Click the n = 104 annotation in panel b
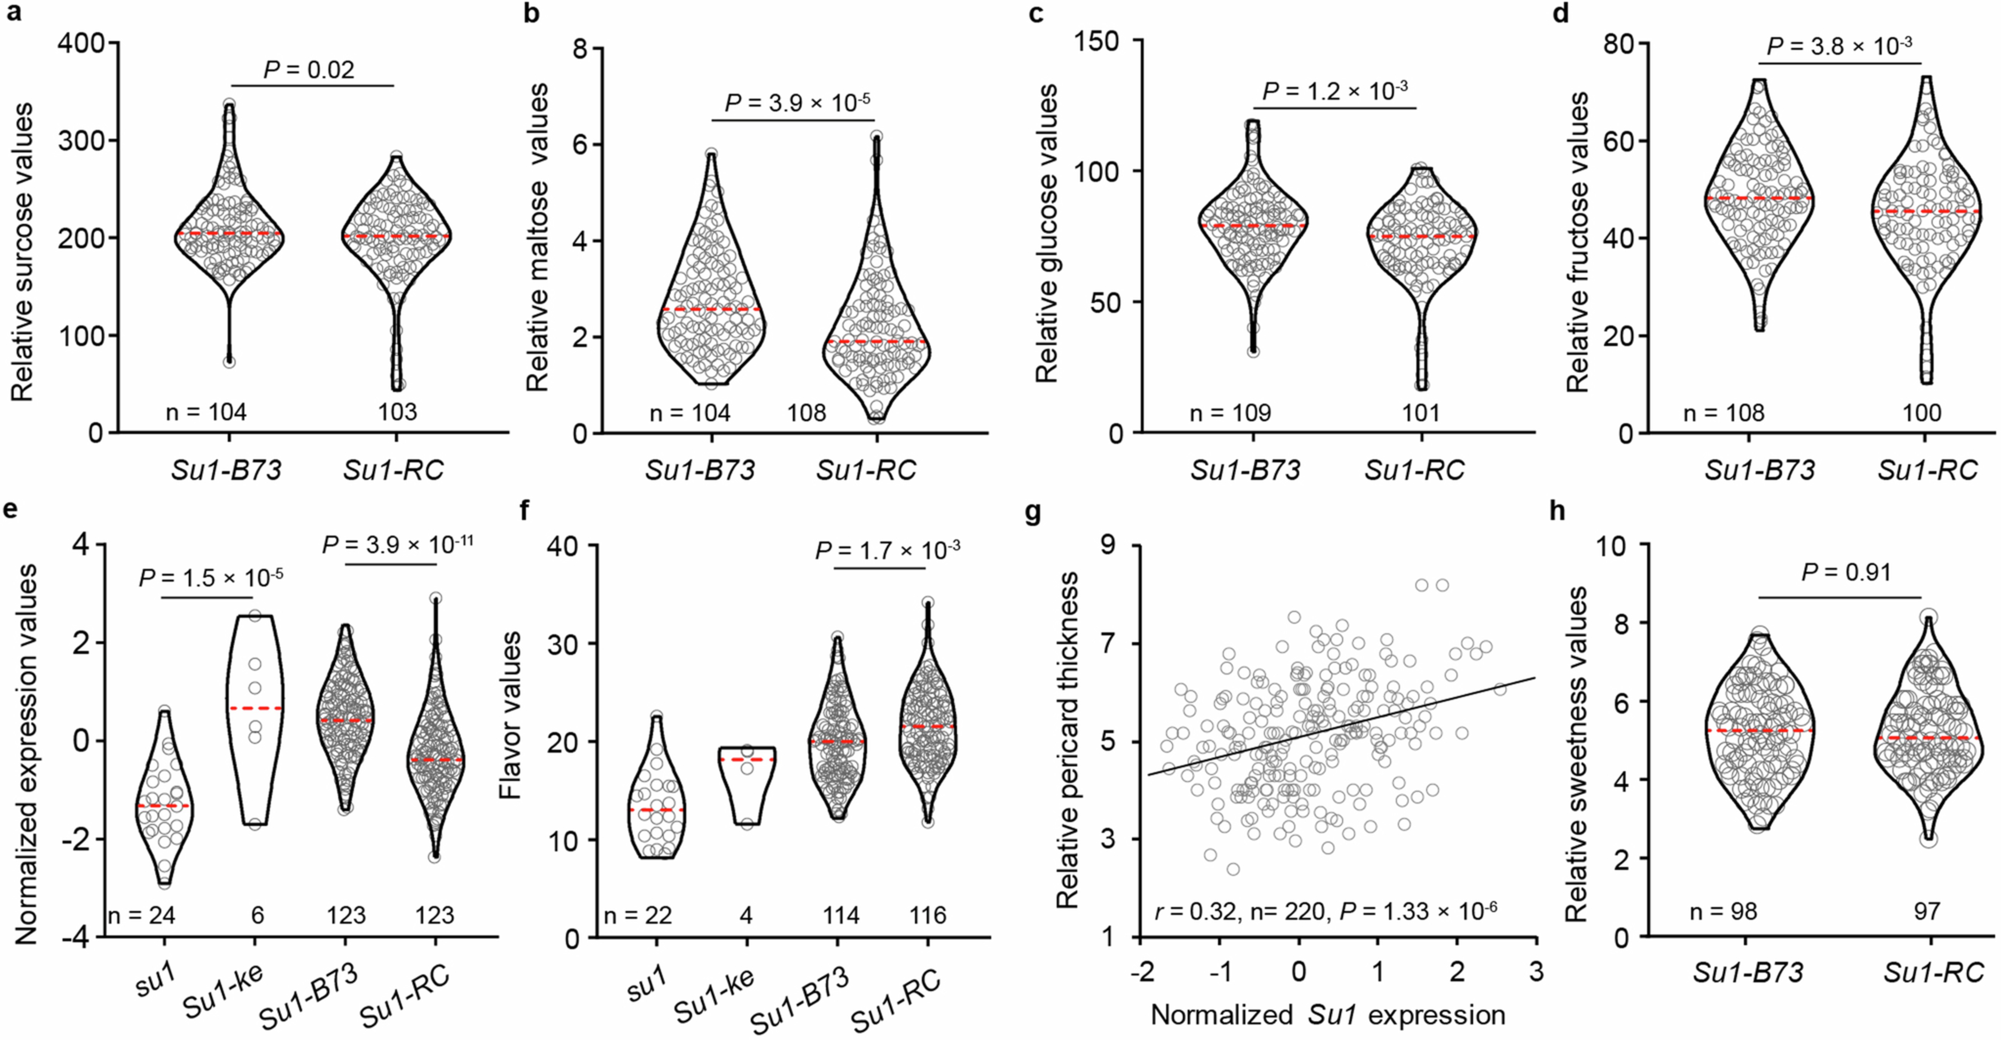689,412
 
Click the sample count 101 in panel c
1421,412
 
